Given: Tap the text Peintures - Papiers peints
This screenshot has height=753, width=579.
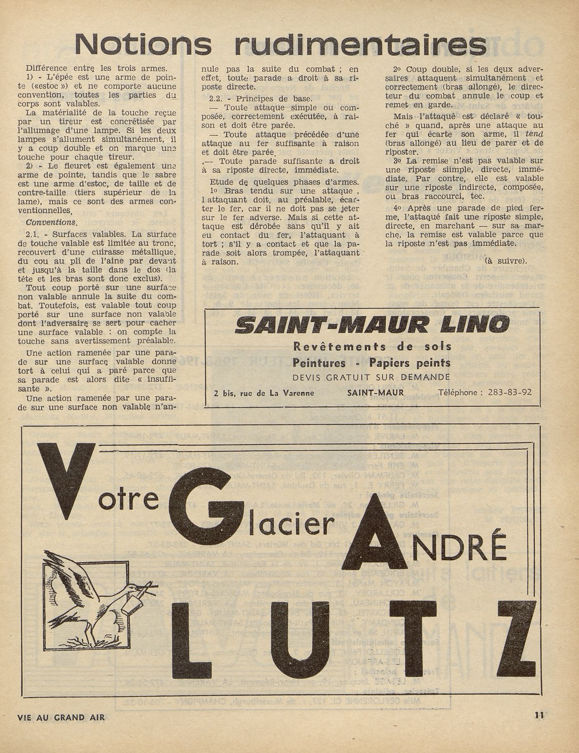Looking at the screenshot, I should [x=371, y=362].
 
